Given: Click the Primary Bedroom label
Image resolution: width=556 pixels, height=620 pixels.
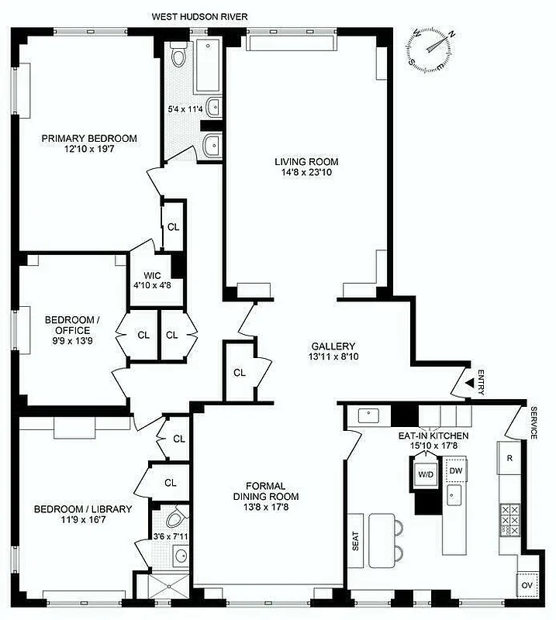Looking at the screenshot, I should pyautogui.click(x=89, y=139).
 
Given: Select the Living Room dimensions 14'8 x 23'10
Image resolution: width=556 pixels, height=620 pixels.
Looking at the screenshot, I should pyautogui.click(x=307, y=173).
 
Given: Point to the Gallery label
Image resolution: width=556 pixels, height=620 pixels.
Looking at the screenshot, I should pyautogui.click(x=333, y=346).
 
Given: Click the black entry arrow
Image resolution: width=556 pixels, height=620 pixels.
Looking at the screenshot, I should pyautogui.click(x=468, y=381).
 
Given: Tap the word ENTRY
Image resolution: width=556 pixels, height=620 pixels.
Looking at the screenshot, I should pyautogui.click(x=482, y=381).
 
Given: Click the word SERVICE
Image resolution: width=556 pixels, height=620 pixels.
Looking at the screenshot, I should pyautogui.click(x=534, y=423).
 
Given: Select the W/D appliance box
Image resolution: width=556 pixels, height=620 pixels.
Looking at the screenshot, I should pyautogui.click(x=426, y=474).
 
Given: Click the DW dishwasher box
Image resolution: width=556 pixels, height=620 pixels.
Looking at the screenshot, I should pyautogui.click(x=456, y=470).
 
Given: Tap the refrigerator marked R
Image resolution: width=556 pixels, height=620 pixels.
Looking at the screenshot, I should pyautogui.click(x=509, y=458).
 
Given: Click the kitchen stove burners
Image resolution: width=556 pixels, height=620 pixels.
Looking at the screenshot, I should pyautogui.click(x=511, y=520).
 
